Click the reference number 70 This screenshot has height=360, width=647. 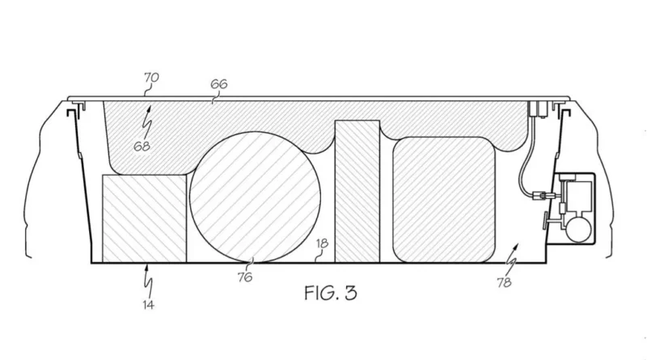(151, 78)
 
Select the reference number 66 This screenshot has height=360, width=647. (219, 84)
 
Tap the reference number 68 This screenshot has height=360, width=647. (142, 146)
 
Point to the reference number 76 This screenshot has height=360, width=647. (245, 277)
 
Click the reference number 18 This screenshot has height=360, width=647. (322, 244)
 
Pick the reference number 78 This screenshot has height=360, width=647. (504, 282)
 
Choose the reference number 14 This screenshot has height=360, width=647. (149, 305)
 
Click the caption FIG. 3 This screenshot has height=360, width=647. (331, 293)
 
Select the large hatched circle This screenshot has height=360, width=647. (255, 197)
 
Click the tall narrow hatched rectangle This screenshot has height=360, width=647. (357, 191)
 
